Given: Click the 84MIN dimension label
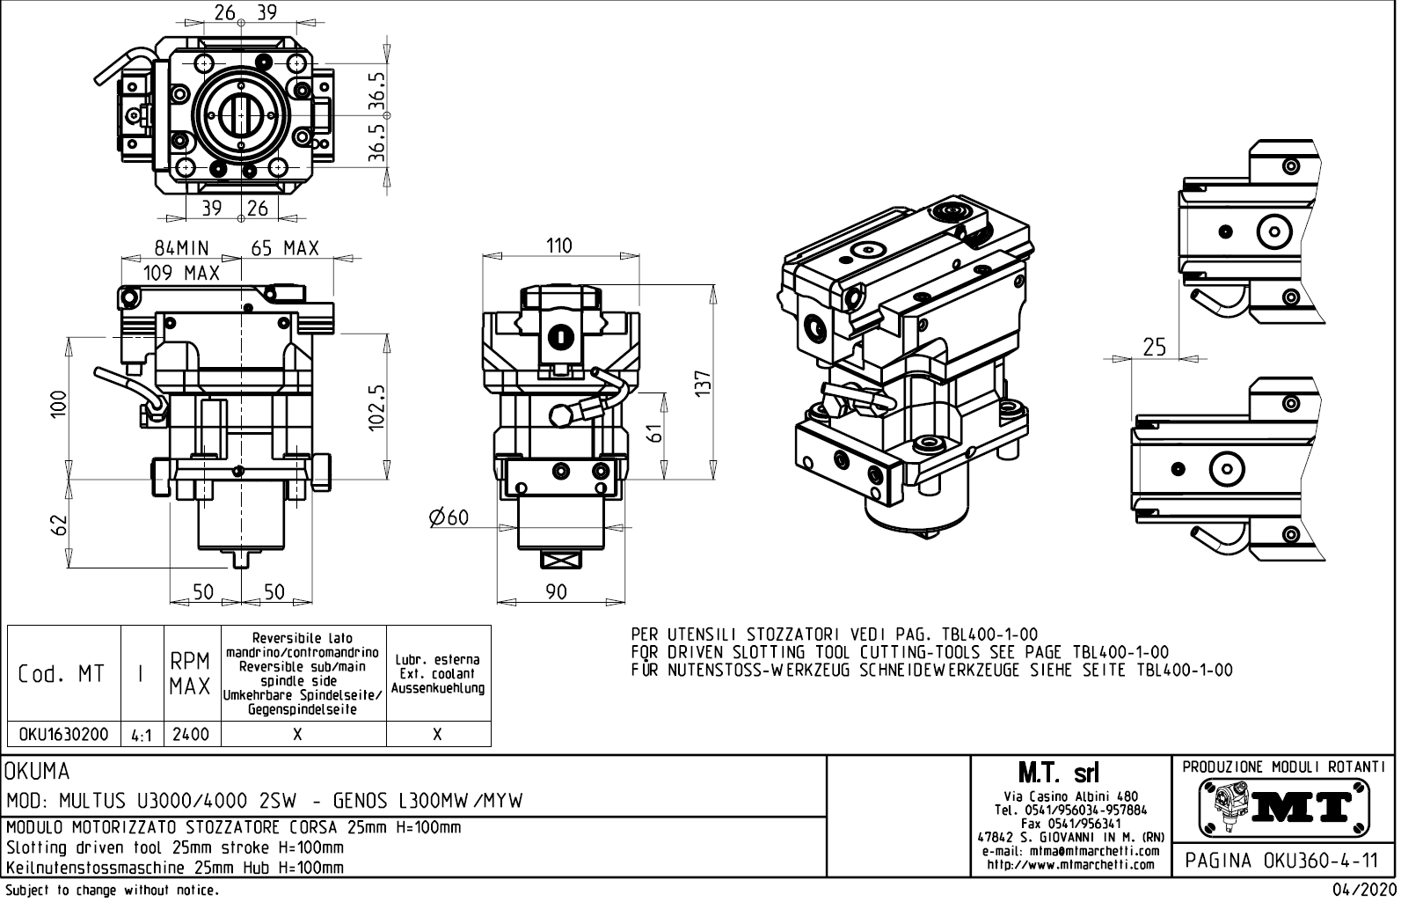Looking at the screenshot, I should coord(182,249).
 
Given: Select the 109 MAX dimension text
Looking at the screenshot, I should coord(181,273).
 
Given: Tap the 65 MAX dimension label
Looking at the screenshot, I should coord(284,249).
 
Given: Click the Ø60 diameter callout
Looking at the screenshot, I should coord(449,518).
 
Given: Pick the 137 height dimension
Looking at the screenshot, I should coord(702,384).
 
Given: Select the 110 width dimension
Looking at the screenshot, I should coord(558,246).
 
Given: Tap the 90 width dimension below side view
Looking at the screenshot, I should coord(556,592).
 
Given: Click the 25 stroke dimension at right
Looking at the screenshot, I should coord(1155,348).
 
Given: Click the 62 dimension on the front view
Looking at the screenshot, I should coord(59,524).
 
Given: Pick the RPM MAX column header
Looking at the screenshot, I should coord(191,674).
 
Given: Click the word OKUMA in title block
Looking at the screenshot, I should coord(38,772).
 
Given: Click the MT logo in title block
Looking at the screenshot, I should coord(1284,806).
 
